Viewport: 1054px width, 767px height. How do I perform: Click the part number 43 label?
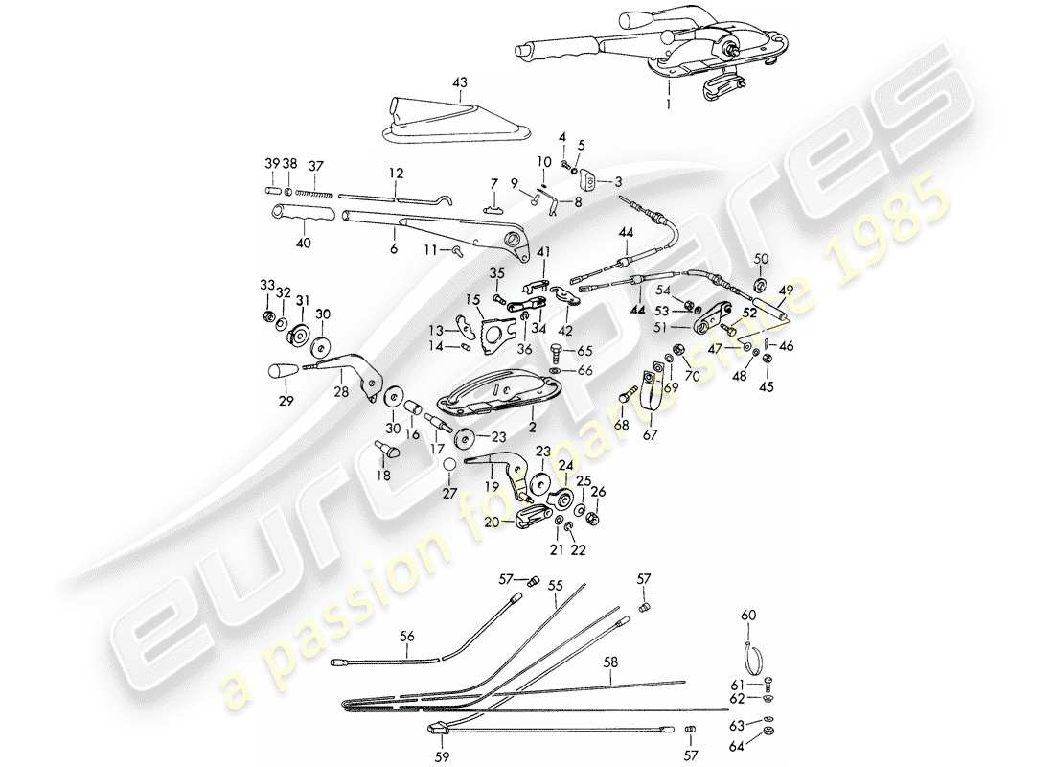459,84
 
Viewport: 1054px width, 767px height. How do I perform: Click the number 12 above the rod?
396,174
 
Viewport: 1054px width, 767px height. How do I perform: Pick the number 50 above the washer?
761,260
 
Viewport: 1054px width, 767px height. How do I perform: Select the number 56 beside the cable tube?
407,636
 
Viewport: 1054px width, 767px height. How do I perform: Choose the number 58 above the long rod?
611,663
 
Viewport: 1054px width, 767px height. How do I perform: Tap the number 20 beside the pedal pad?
491,523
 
